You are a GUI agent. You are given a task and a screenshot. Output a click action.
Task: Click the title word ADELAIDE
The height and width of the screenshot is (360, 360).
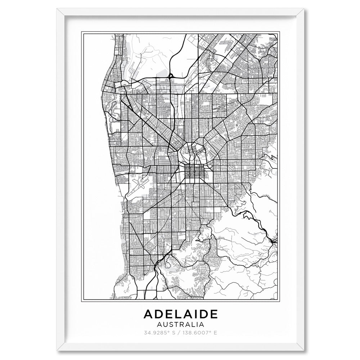(x=180, y=314)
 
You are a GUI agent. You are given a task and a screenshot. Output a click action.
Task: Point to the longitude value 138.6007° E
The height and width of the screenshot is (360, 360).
(x=201, y=332)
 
